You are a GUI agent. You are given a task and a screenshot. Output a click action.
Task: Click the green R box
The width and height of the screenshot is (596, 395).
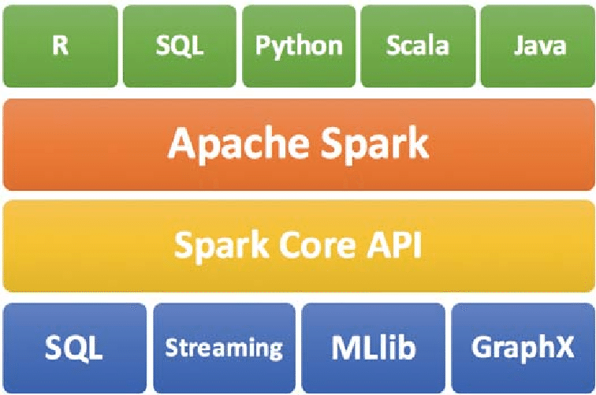pos(61,46)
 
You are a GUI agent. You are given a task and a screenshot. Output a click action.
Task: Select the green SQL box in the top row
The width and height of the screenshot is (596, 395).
pos(180,46)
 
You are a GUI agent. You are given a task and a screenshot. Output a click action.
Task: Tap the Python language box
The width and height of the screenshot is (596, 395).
pos(299,46)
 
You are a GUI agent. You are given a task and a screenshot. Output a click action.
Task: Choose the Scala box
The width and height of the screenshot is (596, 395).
pos(418,46)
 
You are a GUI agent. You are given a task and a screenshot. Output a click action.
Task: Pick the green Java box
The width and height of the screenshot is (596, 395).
pos(538,46)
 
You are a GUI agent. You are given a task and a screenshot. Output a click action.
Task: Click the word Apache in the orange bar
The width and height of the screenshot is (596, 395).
pos(236,144)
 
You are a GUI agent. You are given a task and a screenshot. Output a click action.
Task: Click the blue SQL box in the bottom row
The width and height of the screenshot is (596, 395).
pos(74,348)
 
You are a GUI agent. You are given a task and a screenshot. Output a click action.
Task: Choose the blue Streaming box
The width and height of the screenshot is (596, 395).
pos(223,348)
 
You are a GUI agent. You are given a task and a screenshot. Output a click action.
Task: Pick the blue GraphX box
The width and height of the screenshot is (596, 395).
pos(522,348)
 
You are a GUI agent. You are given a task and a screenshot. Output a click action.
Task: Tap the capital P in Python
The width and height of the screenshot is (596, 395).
pos(263,45)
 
